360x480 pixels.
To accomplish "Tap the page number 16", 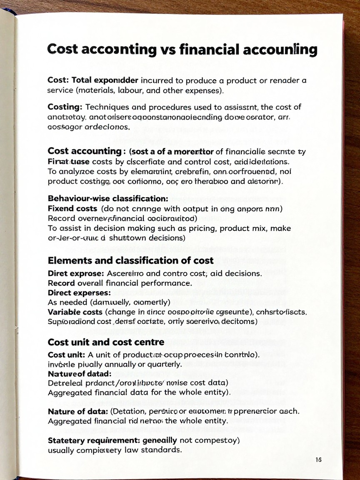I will pyautogui.click(x=318, y=460).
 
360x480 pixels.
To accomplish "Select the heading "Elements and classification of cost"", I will pyautogui.click(x=131, y=261).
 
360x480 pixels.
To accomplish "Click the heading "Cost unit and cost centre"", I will pyautogui.click(x=106, y=342).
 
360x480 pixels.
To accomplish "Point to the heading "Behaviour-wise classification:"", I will pyautogui.click(x=108, y=198).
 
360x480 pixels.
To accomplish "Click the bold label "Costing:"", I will pyautogui.click(x=65, y=107).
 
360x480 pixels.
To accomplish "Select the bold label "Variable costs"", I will pyautogui.click(x=75, y=312).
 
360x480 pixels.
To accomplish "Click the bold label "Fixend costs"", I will pyautogui.click(x=72, y=208).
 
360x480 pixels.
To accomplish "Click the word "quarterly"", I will pyautogui.click(x=162, y=363).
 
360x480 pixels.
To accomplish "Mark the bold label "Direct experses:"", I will pyautogui.click(x=79, y=292).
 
